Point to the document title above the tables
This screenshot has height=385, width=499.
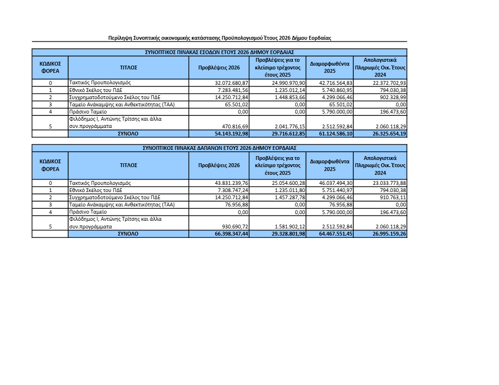220,37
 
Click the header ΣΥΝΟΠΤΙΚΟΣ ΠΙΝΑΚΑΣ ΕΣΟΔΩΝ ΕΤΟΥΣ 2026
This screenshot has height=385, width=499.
220,52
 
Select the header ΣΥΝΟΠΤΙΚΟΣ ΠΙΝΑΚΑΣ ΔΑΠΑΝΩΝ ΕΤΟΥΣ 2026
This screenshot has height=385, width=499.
220,148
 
